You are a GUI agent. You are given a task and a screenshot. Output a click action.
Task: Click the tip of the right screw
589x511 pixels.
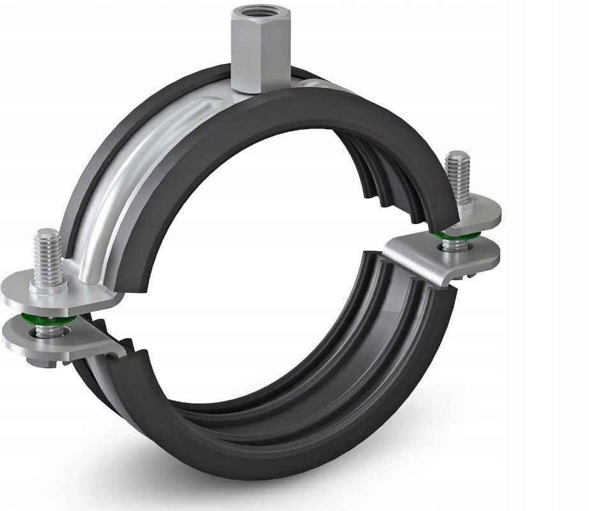pyautogui.click(x=458, y=155)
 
